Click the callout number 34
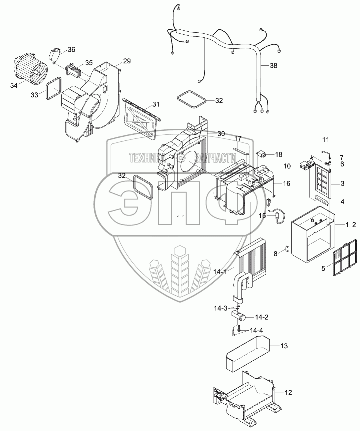pos(14,86)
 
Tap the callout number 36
pos(71,50)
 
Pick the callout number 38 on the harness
pos(273,66)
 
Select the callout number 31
pos(156,104)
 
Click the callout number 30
pos(221,134)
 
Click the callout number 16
pos(286,183)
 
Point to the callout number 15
pos(262,216)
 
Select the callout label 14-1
pos(220,272)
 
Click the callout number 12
pos(288,393)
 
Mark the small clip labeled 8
pos(286,250)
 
